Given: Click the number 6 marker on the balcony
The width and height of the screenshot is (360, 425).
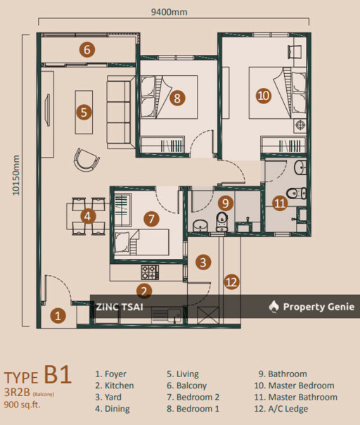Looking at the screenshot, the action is [x=87, y=50].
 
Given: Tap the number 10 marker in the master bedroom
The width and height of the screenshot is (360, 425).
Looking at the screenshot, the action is [x=264, y=96].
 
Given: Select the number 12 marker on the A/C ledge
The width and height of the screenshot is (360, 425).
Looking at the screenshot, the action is [x=231, y=282].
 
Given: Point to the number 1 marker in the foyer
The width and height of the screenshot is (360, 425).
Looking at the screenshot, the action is [x=58, y=315].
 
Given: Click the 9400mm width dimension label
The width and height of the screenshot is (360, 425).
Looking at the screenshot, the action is [x=169, y=12].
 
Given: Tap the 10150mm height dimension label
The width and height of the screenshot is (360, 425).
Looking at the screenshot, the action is [x=16, y=175].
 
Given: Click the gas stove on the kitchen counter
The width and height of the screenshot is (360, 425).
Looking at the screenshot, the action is [x=150, y=272].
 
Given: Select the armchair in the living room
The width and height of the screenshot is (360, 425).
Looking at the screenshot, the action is [x=86, y=160].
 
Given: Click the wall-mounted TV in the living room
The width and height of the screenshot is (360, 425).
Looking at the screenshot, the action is [x=48, y=110].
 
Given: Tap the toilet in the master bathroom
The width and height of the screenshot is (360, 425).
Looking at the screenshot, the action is [x=296, y=193].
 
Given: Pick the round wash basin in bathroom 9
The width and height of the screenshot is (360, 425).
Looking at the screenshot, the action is [x=200, y=226].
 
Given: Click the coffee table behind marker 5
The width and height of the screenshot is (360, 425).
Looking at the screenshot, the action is [x=84, y=112].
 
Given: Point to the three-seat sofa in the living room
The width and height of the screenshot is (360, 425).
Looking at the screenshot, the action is [x=121, y=112].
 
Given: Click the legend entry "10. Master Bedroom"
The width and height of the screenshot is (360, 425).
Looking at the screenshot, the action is [x=294, y=386].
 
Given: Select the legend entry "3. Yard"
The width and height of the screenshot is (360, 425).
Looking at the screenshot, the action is [x=108, y=397].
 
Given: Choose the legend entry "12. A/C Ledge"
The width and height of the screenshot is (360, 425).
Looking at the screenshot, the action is [x=281, y=409].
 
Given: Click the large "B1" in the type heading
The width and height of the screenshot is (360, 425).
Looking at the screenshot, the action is [x=58, y=374].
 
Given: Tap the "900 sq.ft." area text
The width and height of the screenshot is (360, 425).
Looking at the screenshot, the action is [x=22, y=405].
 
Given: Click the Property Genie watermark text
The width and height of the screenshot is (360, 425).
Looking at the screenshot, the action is [x=319, y=307].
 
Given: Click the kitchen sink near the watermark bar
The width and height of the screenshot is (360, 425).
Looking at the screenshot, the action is [x=167, y=315].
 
